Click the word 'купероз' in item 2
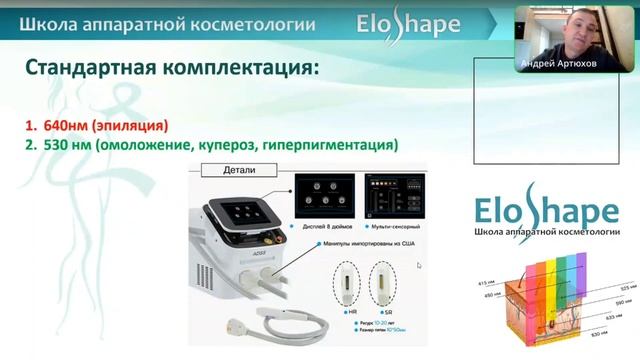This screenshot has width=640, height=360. (221, 145)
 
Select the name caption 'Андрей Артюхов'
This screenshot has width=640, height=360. (557, 63)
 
